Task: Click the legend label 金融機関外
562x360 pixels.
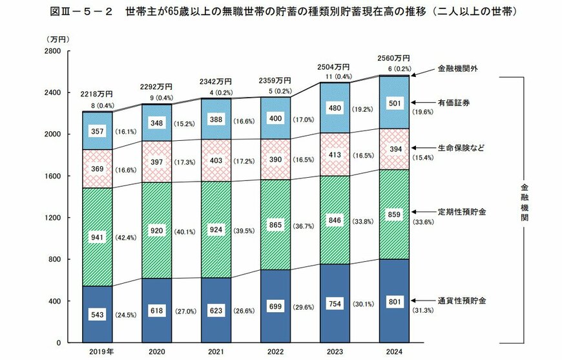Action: tap(456, 68)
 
